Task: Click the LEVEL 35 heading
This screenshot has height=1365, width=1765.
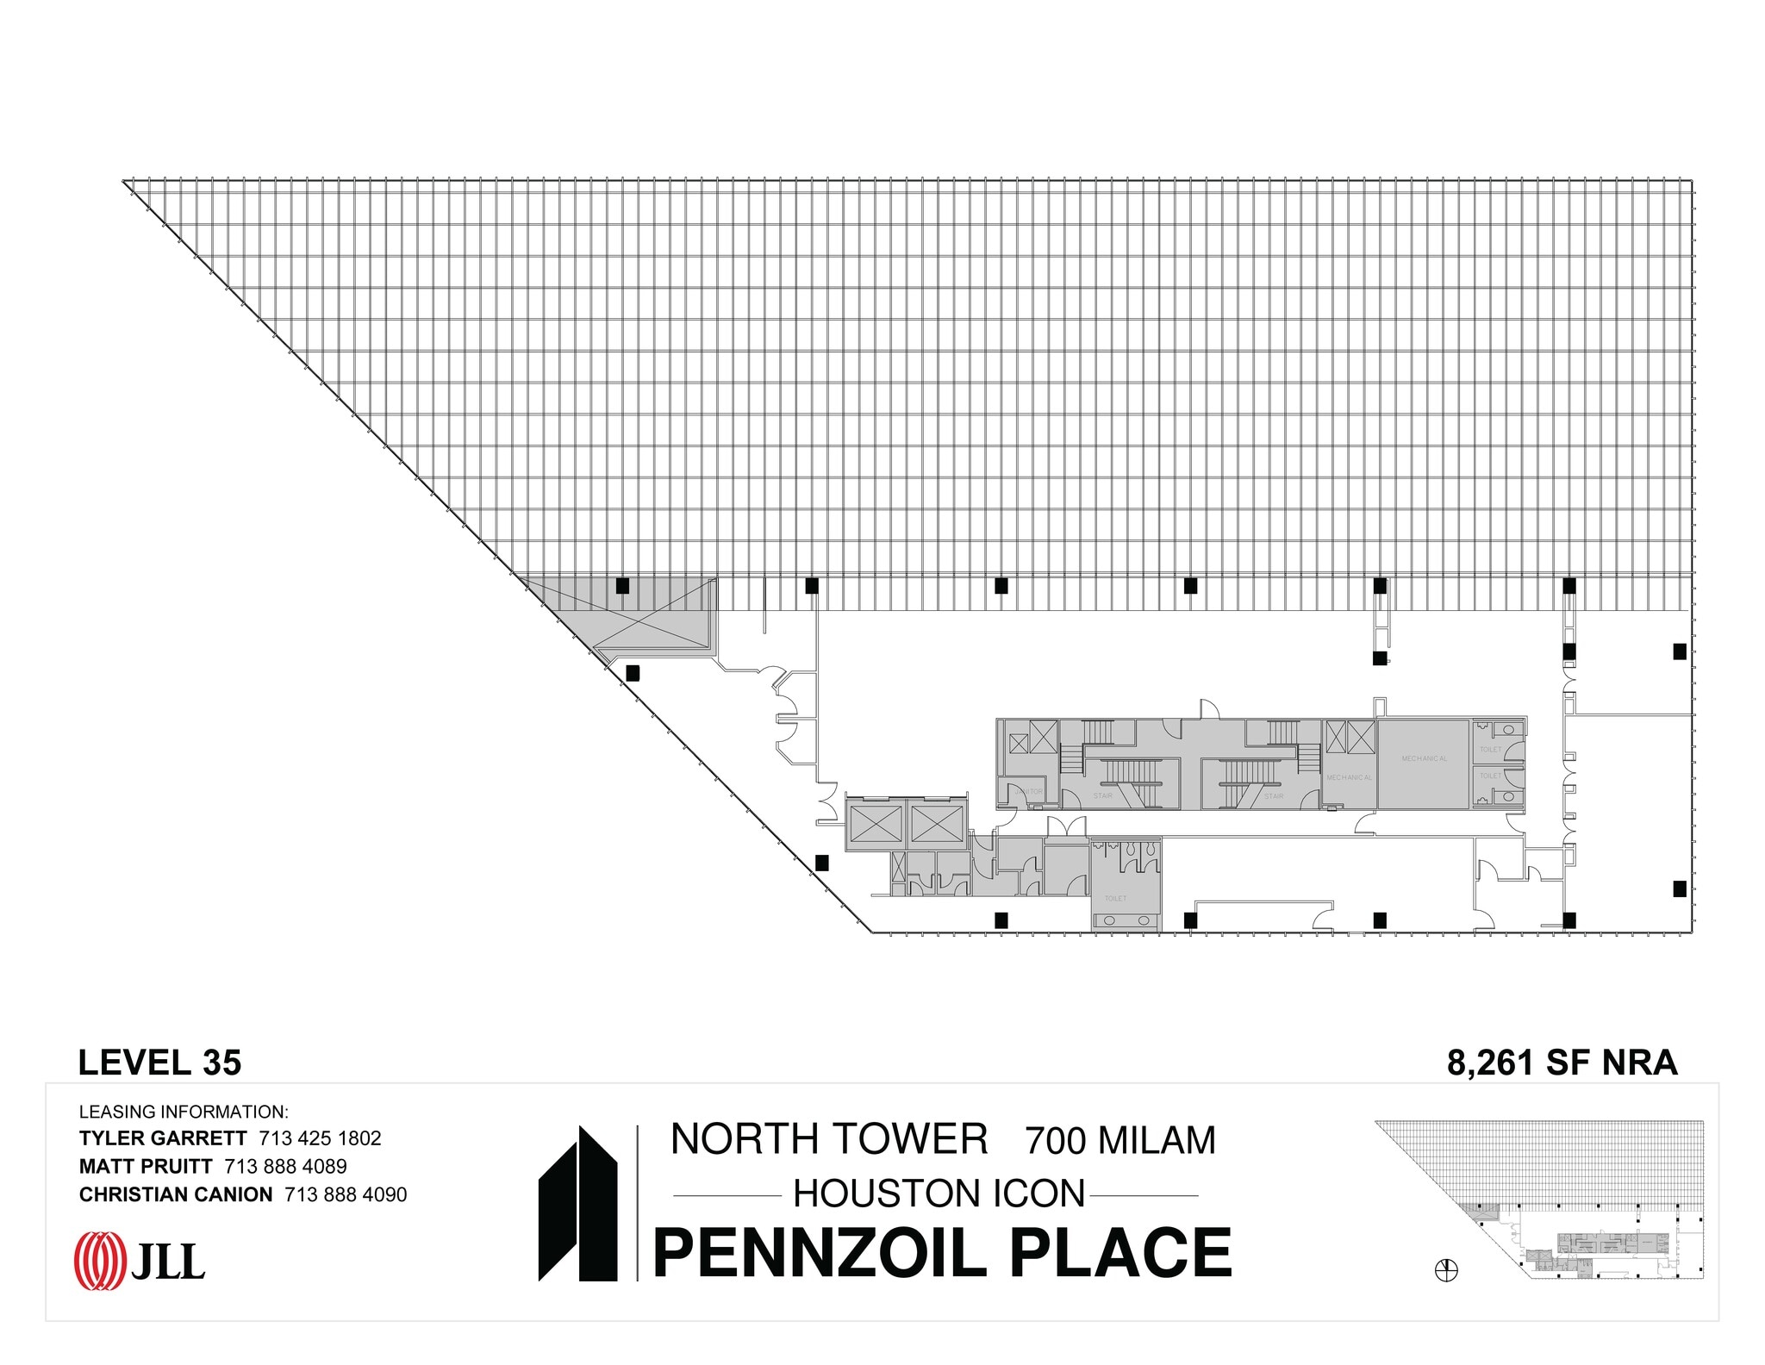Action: click(159, 1063)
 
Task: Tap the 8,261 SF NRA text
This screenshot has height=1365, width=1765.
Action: click(1562, 1063)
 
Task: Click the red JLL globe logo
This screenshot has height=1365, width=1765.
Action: click(100, 1261)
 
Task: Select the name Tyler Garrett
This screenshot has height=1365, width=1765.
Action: click(163, 1138)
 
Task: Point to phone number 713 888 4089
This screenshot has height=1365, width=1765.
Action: click(285, 1167)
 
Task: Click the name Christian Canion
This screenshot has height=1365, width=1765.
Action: click(176, 1194)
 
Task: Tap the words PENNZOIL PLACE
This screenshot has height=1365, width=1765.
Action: click(942, 1253)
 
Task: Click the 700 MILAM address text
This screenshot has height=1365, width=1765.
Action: click(1119, 1141)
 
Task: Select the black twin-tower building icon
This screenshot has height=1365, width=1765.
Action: click(577, 1204)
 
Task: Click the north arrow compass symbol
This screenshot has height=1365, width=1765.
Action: click(1446, 1270)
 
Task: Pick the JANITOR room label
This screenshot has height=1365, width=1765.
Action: click(1028, 791)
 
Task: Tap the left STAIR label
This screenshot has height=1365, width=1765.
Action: click(1103, 795)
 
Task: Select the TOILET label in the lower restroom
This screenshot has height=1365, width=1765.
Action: click(1115, 899)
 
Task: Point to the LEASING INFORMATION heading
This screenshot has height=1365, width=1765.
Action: click(184, 1112)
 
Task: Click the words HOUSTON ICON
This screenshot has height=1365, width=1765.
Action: click(939, 1194)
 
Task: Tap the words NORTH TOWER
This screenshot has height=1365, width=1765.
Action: click(829, 1139)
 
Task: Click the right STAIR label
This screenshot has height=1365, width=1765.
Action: click(1274, 795)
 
